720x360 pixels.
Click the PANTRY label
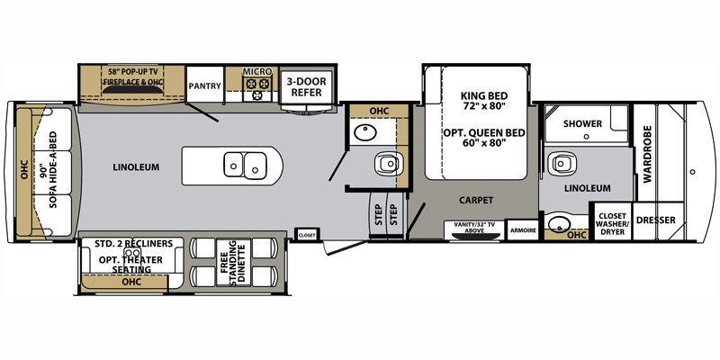pyautogui.click(x=204, y=86)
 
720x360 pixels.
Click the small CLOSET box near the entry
pyautogui.click(x=307, y=235)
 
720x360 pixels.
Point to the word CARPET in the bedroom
pyautogui.click(x=473, y=200)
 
